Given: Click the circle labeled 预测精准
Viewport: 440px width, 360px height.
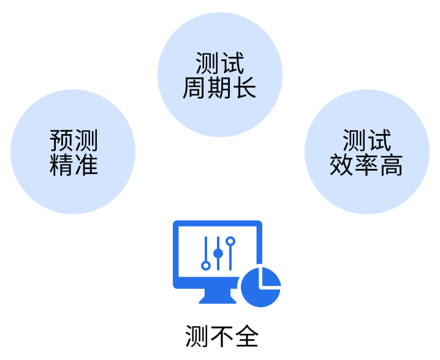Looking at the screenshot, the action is click(73, 152).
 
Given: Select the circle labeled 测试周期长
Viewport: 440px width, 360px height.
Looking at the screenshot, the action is click(220, 75).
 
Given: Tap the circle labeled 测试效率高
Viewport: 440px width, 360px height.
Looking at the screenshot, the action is click(367, 152).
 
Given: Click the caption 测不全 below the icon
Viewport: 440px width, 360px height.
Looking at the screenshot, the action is click(222, 336).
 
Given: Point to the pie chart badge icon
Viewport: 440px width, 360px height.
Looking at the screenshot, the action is click(261, 287).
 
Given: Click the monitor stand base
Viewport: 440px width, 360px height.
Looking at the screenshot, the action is click(218, 296).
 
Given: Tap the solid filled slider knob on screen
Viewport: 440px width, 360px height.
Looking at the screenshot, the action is click(218, 253).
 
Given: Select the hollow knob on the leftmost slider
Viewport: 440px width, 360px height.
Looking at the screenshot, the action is click(206, 266).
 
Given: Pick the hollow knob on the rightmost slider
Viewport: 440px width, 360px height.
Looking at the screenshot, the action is click(230, 241).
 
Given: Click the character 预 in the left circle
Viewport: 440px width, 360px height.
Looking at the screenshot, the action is click(61, 140).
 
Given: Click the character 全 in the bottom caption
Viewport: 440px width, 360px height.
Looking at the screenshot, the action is click(246, 336).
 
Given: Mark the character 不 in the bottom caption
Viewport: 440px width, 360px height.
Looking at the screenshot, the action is click(222, 336).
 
